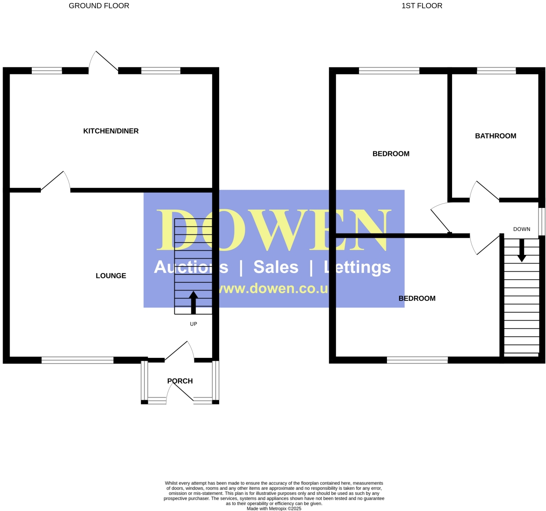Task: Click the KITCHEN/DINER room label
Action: (x=111, y=131)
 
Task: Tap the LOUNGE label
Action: (x=111, y=276)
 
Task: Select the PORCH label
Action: (x=180, y=381)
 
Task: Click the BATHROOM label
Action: (x=496, y=136)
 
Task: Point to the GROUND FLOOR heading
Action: (x=99, y=6)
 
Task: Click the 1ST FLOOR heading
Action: (x=422, y=6)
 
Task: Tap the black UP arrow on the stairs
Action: (x=193, y=302)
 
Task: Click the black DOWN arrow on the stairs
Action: (x=522, y=251)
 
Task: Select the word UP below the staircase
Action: (x=193, y=324)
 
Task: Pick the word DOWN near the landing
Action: (x=522, y=229)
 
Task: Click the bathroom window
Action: (x=496, y=71)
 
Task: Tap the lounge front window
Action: (x=77, y=360)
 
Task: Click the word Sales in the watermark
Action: (x=276, y=267)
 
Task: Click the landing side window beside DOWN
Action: (x=542, y=221)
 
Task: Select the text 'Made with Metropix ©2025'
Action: (x=274, y=508)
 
